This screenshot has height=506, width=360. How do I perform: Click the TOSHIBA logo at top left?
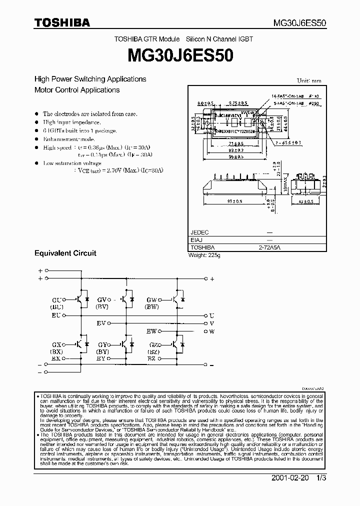coord(62,22)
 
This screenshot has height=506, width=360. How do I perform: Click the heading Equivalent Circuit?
coord(65,253)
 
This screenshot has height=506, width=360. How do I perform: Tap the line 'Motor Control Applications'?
coord(77,90)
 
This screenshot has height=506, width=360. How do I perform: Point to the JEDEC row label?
coord(199,232)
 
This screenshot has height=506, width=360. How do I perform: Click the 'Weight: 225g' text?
coord(204,255)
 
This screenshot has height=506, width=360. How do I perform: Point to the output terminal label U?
coord(211,315)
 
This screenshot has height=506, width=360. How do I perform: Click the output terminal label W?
coord(211,331)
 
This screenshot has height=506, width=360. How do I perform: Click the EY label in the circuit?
coord(100,358)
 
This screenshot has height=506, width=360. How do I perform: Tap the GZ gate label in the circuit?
coord(152,345)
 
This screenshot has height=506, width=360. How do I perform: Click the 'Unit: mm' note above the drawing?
coord(309,80)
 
